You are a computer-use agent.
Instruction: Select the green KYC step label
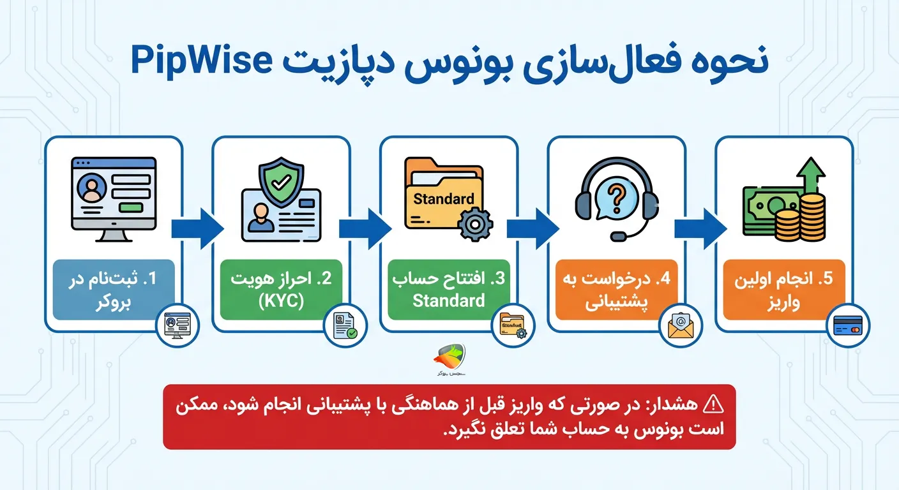[x=281, y=289]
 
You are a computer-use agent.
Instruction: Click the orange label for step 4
[x=616, y=289]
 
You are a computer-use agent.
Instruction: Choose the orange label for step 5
[x=784, y=289]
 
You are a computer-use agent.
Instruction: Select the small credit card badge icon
[x=847, y=325]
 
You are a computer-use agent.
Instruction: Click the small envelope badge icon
[x=681, y=325]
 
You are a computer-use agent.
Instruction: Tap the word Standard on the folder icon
[x=444, y=198]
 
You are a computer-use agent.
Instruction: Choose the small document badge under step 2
[x=345, y=325]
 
